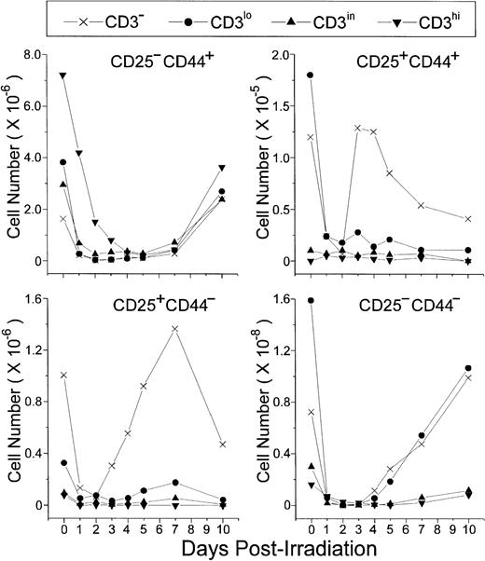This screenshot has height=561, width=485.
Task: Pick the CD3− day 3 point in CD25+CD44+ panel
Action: click(358, 128)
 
